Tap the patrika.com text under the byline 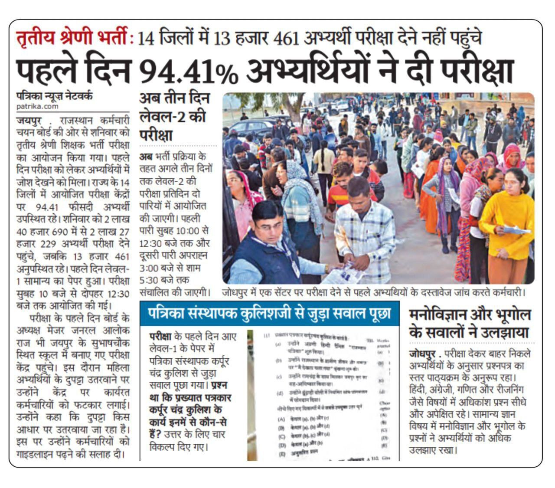pyautogui.click(x=37, y=106)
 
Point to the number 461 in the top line pyautogui.click(x=287, y=39)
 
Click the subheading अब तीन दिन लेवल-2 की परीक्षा pyautogui.click(x=174, y=117)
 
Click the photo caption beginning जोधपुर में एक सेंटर pyautogui.click(x=374, y=292)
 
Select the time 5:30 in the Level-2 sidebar pyautogui.click(x=151, y=280)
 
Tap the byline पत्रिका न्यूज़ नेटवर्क pyautogui.click(x=54, y=96)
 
